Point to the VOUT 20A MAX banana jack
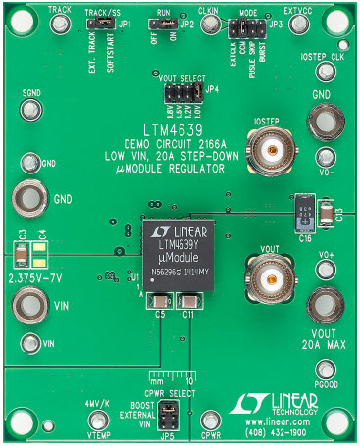point(325,303)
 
